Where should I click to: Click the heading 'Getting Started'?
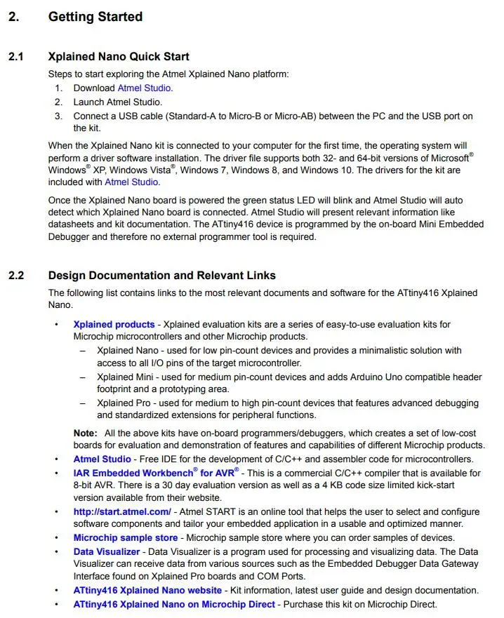[x=95, y=17]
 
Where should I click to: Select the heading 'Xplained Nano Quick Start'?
[x=118, y=57]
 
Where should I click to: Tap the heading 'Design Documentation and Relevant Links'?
[x=161, y=276]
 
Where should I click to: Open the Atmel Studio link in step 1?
[x=144, y=88]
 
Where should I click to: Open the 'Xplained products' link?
[x=114, y=324]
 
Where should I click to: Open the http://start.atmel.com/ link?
[x=122, y=512]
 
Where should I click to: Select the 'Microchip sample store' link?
[x=126, y=538]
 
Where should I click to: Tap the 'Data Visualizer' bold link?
[x=107, y=552]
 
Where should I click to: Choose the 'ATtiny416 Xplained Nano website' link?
[x=147, y=591]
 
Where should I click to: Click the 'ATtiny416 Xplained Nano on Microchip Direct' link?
[x=174, y=604]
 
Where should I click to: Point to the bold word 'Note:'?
[x=86, y=433]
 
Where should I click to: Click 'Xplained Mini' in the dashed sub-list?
[x=124, y=377]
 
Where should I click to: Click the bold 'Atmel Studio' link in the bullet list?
[x=102, y=459]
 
